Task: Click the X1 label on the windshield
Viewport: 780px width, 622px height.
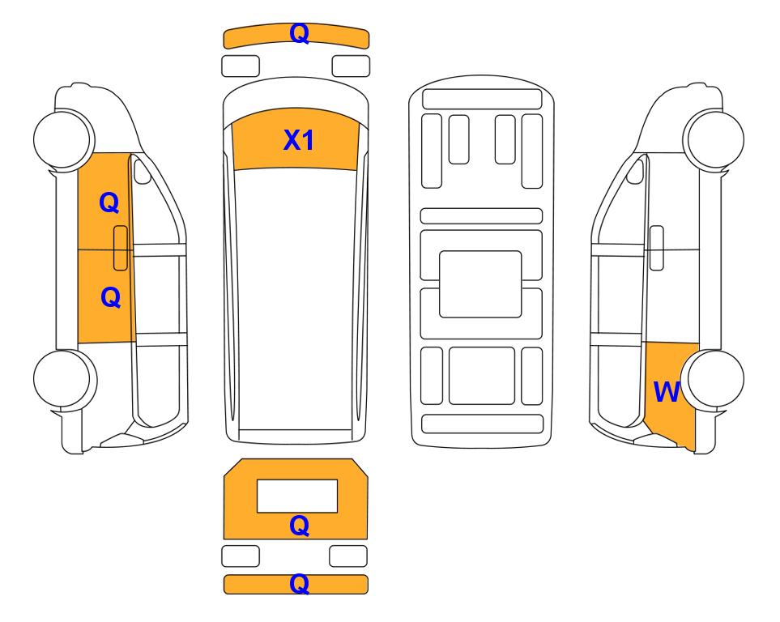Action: tap(298, 140)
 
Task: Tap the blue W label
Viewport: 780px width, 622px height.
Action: tap(667, 392)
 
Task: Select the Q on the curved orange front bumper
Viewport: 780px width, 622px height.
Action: tap(300, 34)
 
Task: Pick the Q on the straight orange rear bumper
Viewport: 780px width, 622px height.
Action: tap(300, 584)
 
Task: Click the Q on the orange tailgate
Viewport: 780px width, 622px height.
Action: tap(300, 526)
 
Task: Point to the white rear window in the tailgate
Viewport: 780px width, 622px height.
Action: tap(297, 496)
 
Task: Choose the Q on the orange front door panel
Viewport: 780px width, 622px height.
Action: tap(109, 203)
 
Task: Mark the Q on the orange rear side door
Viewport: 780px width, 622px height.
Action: tap(110, 297)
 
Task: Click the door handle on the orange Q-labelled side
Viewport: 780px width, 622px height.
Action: tap(121, 248)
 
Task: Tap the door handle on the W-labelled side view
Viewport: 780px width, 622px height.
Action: tap(657, 248)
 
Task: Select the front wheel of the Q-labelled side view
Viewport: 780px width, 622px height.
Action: tap(64, 138)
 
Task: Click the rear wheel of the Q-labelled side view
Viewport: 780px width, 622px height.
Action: tap(65, 379)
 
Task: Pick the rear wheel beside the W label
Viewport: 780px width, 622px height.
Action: tap(713, 379)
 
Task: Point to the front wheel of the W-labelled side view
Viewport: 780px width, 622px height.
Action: tap(714, 138)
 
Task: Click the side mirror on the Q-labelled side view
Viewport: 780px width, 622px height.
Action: tap(143, 171)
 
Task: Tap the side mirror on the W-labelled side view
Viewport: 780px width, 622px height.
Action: tap(635, 171)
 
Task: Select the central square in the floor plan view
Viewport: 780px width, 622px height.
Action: tap(480, 284)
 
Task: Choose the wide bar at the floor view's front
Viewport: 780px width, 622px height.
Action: tap(482, 99)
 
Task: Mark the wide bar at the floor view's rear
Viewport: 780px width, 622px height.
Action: tap(482, 424)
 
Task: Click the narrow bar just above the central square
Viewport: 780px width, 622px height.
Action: tap(481, 216)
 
